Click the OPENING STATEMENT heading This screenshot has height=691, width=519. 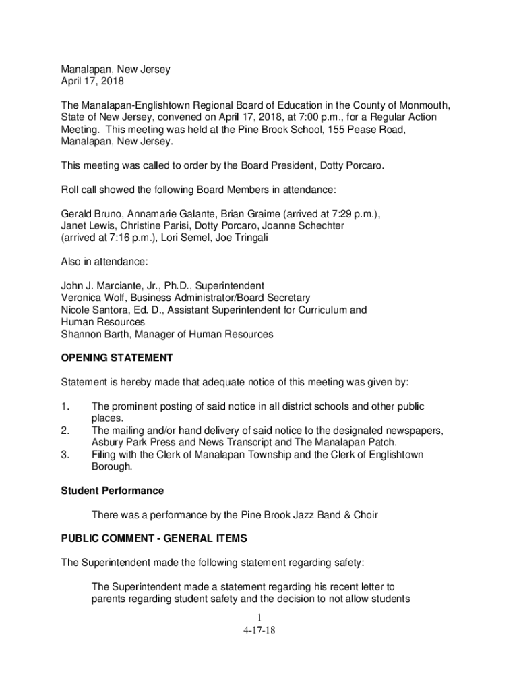(117, 358)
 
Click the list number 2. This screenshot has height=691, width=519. (65, 431)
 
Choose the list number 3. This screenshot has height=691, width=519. (65, 455)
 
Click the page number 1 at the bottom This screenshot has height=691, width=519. (259, 618)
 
